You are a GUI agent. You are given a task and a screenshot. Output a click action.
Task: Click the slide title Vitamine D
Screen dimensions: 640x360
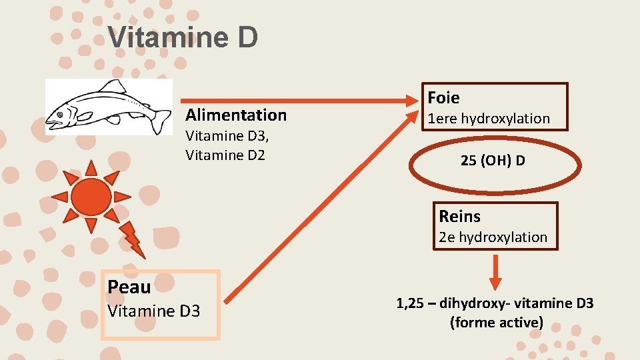click(x=183, y=37)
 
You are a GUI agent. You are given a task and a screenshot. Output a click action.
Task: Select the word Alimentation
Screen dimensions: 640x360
click(x=236, y=115)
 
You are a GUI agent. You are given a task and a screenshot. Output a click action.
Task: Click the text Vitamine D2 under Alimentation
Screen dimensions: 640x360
click(x=225, y=155)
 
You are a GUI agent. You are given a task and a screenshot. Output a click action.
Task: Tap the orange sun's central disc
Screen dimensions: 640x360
click(x=91, y=195)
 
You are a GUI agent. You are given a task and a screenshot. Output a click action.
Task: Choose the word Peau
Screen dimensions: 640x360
click(x=129, y=287)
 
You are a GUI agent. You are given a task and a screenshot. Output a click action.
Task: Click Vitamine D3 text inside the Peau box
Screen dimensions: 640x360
click(x=153, y=311)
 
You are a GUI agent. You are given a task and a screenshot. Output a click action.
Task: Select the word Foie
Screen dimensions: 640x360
click(x=443, y=98)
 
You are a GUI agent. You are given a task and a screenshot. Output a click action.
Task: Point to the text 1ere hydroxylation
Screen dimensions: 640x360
click(x=489, y=119)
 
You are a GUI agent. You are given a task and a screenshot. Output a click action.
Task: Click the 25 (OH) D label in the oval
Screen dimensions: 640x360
click(x=493, y=161)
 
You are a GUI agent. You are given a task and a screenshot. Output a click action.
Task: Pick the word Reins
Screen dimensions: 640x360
click(x=459, y=216)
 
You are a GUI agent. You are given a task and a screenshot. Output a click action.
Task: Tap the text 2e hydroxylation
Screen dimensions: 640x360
click(x=493, y=237)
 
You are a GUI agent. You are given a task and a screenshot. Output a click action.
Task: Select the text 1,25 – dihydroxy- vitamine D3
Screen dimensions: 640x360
click(x=495, y=304)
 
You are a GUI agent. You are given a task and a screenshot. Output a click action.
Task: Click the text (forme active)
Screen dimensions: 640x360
click(x=496, y=323)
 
